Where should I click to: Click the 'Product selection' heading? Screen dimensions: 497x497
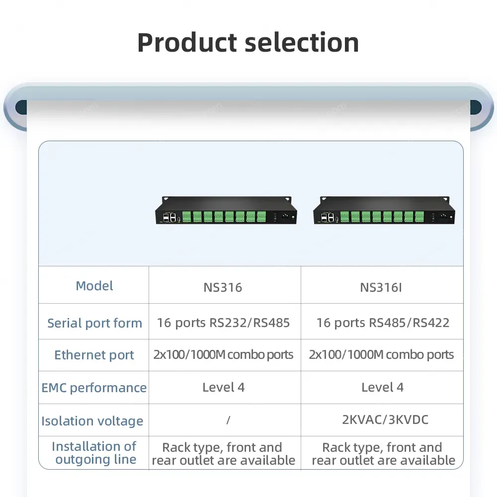click(248, 42)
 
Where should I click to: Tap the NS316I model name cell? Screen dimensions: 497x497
click(381, 287)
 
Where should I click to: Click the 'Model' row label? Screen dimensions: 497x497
click(94, 286)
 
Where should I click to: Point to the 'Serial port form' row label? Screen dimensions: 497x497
click(94, 323)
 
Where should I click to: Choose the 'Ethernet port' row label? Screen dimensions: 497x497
click(94, 355)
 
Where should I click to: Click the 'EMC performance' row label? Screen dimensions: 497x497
click(94, 388)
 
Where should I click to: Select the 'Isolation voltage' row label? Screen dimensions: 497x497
click(92, 421)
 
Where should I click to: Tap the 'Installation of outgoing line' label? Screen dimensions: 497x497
click(94, 453)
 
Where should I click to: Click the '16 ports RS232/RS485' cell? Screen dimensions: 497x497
click(223, 323)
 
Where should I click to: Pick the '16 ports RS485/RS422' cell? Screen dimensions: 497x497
click(383, 323)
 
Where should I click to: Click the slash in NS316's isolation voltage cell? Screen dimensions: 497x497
click(228, 420)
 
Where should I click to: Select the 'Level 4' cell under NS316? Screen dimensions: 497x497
click(223, 387)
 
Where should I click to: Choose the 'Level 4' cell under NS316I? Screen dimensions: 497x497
click(382, 387)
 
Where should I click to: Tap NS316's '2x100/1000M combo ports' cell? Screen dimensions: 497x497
click(223, 355)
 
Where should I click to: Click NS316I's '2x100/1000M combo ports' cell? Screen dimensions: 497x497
click(381, 355)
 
